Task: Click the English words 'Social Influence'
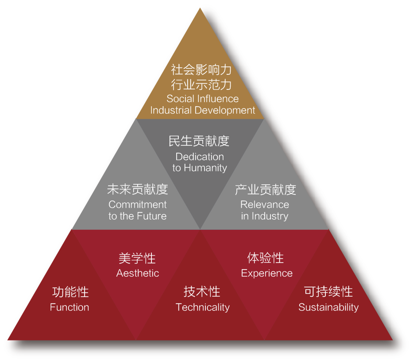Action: tap(203, 99)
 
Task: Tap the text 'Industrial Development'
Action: tap(203, 110)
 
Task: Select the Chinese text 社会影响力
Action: tap(201, 70)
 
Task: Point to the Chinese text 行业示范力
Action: tap(201, 85)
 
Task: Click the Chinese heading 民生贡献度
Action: tap(199, 141)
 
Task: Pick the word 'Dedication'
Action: tap(200, 157)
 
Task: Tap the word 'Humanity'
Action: tap(205, 168)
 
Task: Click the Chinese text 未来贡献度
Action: tap(138, 189)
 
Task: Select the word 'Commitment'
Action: tap(138, 205)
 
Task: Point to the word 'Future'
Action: tap(152, 216)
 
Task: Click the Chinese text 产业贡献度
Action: tap(266, 190)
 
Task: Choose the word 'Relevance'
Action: tap(265, 205)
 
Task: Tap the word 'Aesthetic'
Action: tap(138, 273)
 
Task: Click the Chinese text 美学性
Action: tap(137, 258)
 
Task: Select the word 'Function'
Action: tap(69, 307)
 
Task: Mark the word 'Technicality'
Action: tap(203, 308)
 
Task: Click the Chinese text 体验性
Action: tap(266, 258)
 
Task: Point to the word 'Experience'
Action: tap(267, 274)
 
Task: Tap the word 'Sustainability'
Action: tap(328, 308)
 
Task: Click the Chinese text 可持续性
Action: tap(328, 292)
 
